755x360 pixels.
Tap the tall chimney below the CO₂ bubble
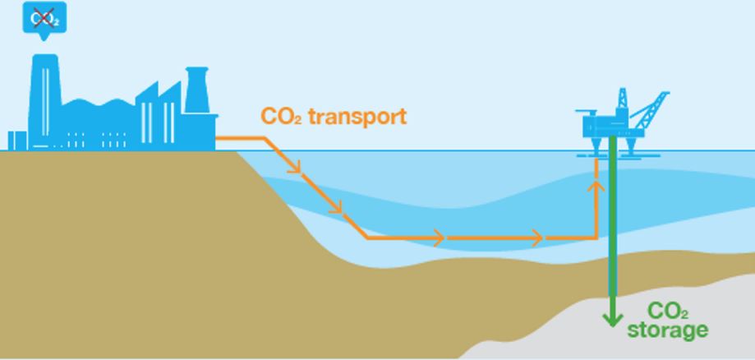click(45, 102)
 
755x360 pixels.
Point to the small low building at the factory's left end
click(17, 141)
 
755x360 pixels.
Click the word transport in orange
click(357, 117)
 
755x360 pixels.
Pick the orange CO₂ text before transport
click(281, 116)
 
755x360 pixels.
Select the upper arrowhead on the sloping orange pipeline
click(295, 166)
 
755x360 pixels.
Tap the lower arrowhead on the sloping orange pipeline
click(336, 206)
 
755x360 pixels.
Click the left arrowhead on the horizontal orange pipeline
click(438, 238)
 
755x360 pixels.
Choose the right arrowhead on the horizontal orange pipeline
click(536, 238)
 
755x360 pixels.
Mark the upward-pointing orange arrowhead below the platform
click(596, 187)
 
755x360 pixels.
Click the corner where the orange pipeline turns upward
click(596, 238)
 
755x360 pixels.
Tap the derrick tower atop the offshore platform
click(622, 98)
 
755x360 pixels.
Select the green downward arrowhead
click(613, 319)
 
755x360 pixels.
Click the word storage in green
click(668, 330)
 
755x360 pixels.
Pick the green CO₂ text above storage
click(668, 312)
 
